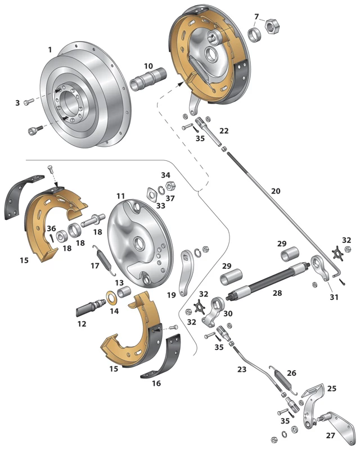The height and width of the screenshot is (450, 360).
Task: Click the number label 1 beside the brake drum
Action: pos(50,50)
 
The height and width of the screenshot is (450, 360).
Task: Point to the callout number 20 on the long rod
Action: pos(275,191)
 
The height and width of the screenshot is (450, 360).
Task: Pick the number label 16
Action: pos(156,383)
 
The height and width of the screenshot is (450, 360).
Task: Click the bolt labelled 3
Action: pos(29,102)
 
